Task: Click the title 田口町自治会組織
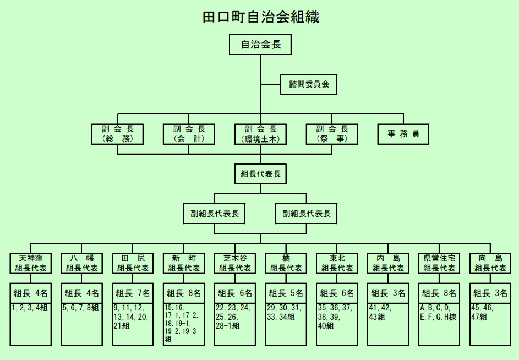click(x=261, y=17)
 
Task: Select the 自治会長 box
click(x=260, y=45)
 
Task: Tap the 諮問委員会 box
click(x=309, y=85)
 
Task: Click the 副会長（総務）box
click(x=118, y=134)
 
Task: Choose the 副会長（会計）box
click(x=189, y=134)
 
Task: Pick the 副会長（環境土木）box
click(x=260, y=134)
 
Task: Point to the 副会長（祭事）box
click(x=332, y=134)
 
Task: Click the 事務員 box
click(x=403, y=134)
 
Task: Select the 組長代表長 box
click(x=260, y=174)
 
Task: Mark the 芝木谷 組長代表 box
click(x=235, y=263)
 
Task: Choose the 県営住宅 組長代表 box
click(x=439, y=263)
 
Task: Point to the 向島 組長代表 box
click(x=490, y=263)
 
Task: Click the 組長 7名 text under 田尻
click(x=133, y=293)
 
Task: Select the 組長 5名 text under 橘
click(x=286, y=293)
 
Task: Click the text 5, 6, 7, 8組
click(x=80, y=308)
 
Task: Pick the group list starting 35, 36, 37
click(x=336, y=317)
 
